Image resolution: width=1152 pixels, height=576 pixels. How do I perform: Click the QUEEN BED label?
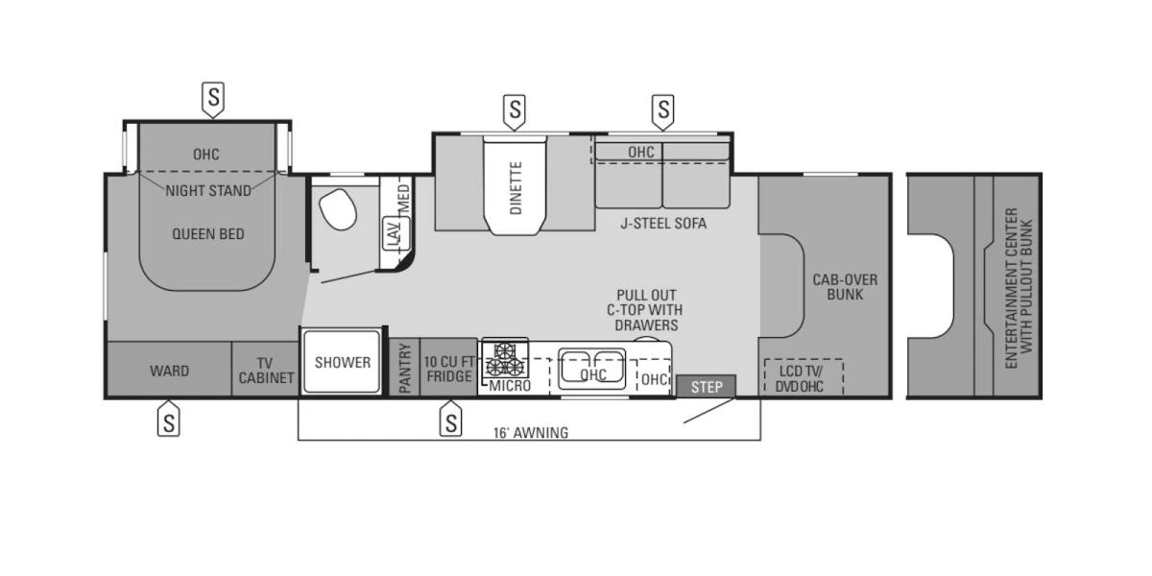tap(208, 233)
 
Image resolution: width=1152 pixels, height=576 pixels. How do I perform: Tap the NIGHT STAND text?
tap(208, 190)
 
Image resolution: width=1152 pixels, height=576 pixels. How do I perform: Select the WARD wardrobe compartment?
tap(169, 371)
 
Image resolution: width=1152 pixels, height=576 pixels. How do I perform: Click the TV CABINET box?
tap(266, 371)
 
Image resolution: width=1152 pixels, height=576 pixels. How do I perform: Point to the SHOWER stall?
tap(343, 362)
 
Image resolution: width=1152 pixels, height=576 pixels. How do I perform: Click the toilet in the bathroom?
tap(336, 208)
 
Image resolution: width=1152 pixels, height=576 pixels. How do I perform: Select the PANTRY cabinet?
tap(405, 367)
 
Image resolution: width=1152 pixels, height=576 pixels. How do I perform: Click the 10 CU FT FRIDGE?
tap(448, 367)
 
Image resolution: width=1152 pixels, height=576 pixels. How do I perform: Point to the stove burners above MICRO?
tap(506, 358)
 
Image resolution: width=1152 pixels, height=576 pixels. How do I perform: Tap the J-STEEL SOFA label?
tap(662, 224)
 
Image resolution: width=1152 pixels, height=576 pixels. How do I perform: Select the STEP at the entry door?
tap(706, 386)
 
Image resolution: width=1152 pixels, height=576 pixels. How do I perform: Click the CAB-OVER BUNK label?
tap(845, 286)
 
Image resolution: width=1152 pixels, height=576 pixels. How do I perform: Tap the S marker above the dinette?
tap(516, 112)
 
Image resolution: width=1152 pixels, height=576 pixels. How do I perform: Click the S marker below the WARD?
tap(169, 420)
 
